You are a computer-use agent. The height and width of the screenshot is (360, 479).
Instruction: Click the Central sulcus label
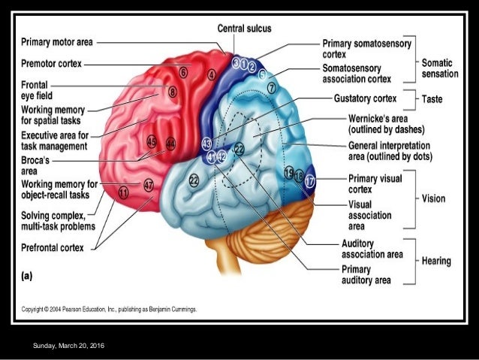click(x=244, y=29)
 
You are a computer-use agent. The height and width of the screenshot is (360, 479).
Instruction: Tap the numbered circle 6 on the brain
click(x=184, y=73)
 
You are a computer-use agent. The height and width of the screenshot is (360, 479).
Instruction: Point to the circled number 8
click(x=172, y=92)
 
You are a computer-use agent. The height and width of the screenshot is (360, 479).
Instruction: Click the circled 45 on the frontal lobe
click(x=152, y=141)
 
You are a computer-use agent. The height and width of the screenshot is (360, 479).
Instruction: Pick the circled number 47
click(x=148, y=184)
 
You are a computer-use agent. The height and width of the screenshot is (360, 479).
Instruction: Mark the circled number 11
click(x=123, y=193)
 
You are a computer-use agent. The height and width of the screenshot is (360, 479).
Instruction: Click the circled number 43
click(x=207, y=143)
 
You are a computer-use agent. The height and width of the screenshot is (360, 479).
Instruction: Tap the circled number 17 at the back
click(x=309, y=180)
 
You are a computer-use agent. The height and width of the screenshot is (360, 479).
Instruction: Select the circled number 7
click(x=271, y=88)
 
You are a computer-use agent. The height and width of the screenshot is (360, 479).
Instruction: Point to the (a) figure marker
click(x=27, y=275)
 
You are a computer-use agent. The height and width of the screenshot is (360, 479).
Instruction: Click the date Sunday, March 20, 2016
click(x=69, y=345)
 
